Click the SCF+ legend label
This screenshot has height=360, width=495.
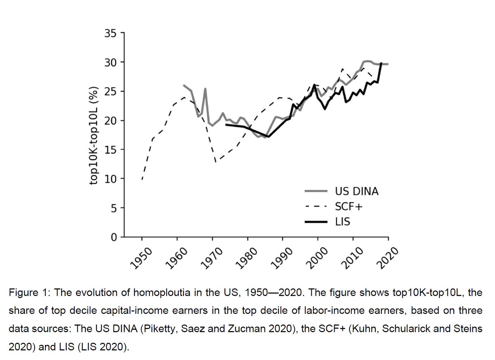point(346,206)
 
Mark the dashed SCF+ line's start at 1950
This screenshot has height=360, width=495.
point(142,179)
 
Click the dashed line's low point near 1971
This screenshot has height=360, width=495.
point(216,162)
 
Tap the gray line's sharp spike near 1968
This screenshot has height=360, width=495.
point(205,89)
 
